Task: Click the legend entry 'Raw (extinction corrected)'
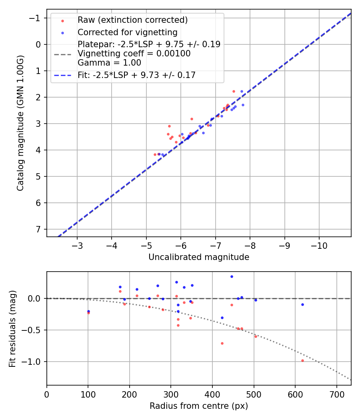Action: (x=132, y=20)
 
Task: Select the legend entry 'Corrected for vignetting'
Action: (x=127, y=32)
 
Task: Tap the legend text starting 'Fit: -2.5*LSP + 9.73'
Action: (x=136, y=75)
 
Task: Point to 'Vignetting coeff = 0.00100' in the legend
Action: (x=134, y=54)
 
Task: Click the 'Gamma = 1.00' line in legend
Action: (x=109, y=63)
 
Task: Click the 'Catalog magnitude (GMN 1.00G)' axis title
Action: (x=20, y=123)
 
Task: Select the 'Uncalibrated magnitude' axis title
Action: (x=199, y=257)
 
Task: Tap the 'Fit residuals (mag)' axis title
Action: (x=12, y=328)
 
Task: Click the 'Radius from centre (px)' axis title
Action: (x=199, y=406)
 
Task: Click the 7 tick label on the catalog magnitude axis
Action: (x=38, y=229)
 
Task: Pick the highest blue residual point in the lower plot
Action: (x=232, y=276)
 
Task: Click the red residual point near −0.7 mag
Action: (x=222, y=343)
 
